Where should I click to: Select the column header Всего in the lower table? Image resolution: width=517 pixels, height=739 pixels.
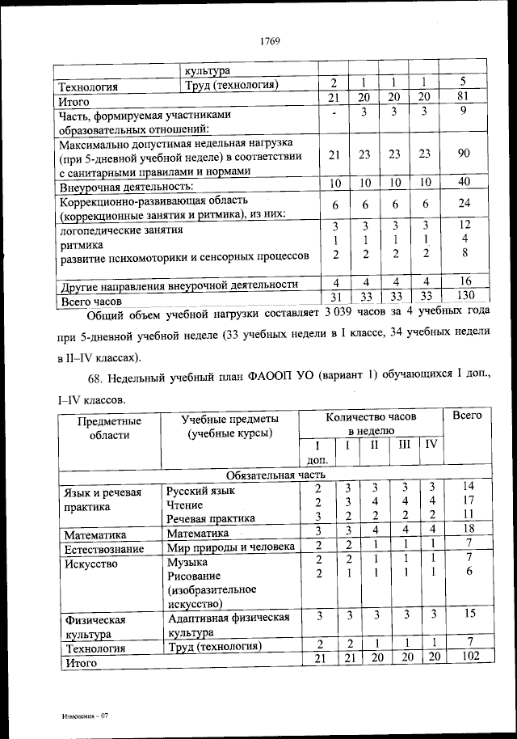(x=467, y=416)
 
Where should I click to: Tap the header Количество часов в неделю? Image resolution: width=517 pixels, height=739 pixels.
(x=371, y=424)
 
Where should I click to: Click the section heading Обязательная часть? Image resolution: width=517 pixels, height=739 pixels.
(x=275, y=475)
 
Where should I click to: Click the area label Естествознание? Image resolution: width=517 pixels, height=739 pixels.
(x=104, y=549)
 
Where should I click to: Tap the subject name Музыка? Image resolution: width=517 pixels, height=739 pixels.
(x=187, y=562)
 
